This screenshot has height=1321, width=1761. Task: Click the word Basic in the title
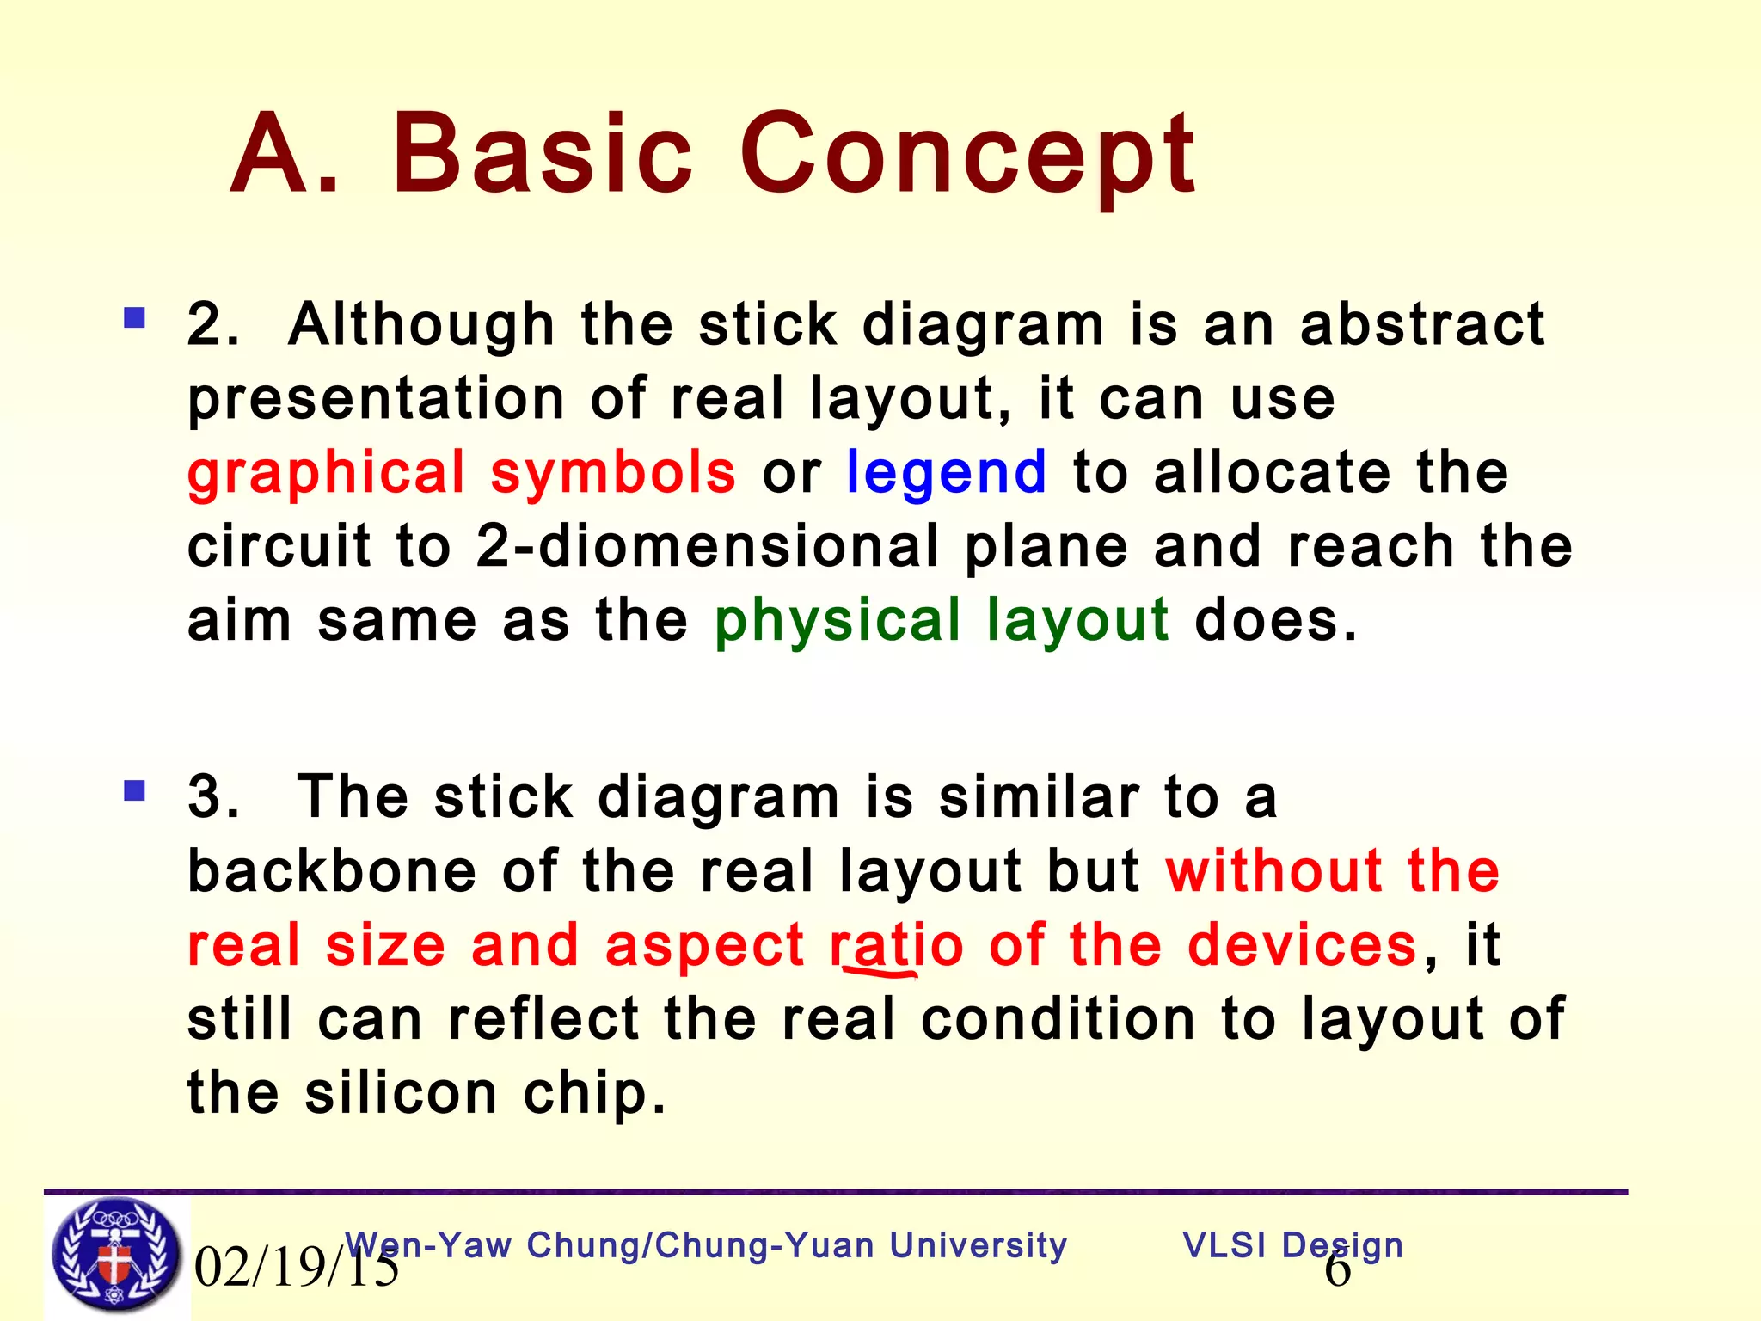(x=542, y=155)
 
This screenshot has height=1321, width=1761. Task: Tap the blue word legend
(x=946, y=475)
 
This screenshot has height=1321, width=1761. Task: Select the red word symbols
(x=613, y=473)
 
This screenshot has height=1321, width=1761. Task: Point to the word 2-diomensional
(x=707, y=547)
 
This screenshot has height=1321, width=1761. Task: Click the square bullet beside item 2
(x=135, y=319)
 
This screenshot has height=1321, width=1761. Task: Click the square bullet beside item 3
(x=135, y=790)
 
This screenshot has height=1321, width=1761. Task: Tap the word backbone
(x=331, y=872)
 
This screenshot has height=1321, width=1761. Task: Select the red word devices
(x=1302, y=946)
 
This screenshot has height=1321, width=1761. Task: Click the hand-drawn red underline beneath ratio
(x=879, y=973)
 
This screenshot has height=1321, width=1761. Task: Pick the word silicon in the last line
(x=401, y=1094)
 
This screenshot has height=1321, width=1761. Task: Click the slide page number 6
(x=1337, y=1271)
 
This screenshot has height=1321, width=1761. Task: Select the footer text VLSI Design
(x=1292, y=1245)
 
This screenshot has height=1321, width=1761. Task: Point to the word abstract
(x=1422, y=325)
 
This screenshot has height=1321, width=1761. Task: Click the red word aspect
(x=704, y=946)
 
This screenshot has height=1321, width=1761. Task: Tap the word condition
(x=1058, y=1020)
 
